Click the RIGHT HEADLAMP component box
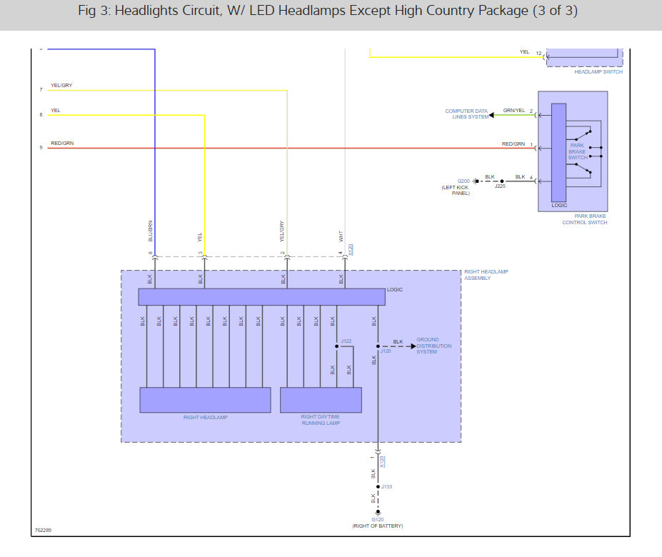click(205, 400)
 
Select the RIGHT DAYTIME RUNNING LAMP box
click(321, 400)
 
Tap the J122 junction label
click(346, 341)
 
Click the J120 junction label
click(386, 351)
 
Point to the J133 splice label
click(386, 487)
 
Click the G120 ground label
click(377, 519)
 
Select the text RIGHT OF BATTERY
click(377, 526)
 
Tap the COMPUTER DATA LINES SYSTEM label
click(466, 114)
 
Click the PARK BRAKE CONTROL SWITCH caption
click(584, 219)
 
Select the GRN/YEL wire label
click(513, 111)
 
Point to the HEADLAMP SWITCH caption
click(598, 71)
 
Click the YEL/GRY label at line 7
click(61, 86)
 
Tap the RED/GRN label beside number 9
click(61, 144)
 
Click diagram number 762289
click(43, 531)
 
